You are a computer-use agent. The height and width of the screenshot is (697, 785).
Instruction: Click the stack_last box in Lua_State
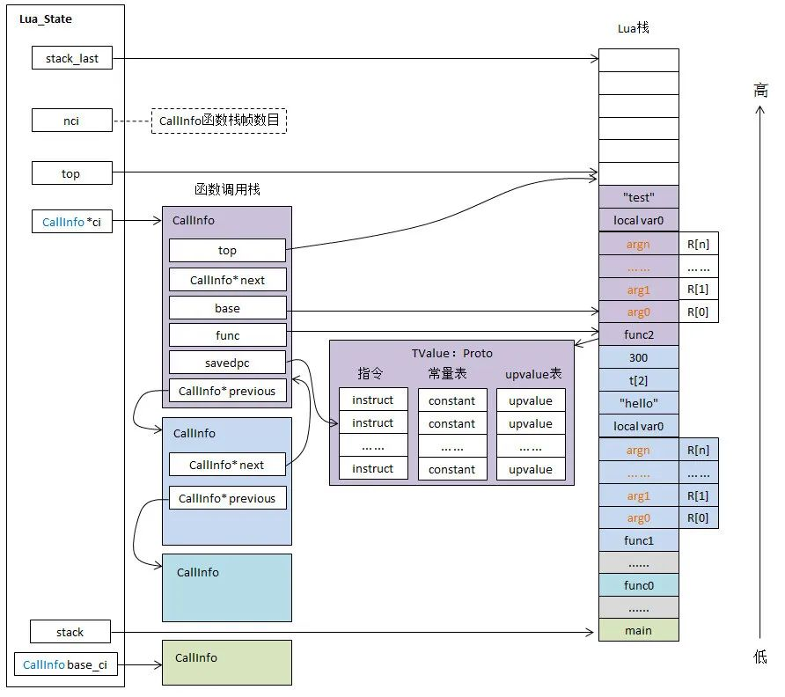click(x=71, y=59)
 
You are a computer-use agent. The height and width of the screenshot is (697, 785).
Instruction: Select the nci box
click(x=71, y=121)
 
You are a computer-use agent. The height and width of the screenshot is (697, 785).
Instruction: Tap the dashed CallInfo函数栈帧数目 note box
click(x=219, y=121)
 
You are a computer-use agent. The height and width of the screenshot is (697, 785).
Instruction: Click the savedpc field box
click(x=227, y=362)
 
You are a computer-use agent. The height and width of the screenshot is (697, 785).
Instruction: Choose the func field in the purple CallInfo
click(x=227, y=335)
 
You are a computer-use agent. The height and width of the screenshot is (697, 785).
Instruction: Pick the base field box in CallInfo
click(x=227, y=308)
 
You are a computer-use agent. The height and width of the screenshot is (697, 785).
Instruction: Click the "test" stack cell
click(x=638, y=197)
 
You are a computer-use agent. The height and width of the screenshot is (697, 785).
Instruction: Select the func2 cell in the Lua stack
click(x=638, y=335)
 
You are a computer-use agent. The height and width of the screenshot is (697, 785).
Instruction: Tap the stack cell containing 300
click(x=638, y=358)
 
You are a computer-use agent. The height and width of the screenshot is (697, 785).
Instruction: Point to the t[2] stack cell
click(x=638, y=381)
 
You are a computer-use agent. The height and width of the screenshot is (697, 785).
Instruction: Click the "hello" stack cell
click(x=638, y=404)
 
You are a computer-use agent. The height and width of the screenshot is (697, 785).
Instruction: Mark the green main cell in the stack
click(x=638, y=630)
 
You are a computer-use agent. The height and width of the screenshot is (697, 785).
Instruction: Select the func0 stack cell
click(x=638, y=585)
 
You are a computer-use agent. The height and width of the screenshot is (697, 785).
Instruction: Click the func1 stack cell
click(x=638, y=539)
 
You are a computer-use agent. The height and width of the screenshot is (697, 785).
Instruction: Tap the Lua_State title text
click(x=46, y=19)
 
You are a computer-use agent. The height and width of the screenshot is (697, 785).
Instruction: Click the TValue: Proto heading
click(x=451, y=353)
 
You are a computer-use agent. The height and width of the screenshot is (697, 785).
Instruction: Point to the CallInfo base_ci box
click(x=65, y=664)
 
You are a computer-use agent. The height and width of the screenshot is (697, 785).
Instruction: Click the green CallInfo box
click(x=226, y=663)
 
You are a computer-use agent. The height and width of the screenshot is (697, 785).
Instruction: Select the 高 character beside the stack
click(x=760, y=90)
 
